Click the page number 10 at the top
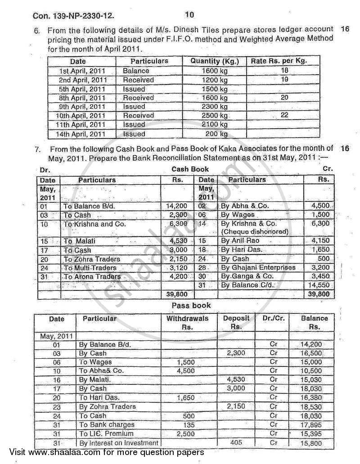pos(189,15)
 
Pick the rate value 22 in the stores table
pos(284,116)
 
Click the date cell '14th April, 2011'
pos(83,134)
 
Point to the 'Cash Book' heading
pos(190,169)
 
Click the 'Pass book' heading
pos(191,305)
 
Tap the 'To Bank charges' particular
pos(107,424)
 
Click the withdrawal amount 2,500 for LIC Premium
pos(186,433)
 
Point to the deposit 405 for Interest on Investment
pos(236,442)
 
